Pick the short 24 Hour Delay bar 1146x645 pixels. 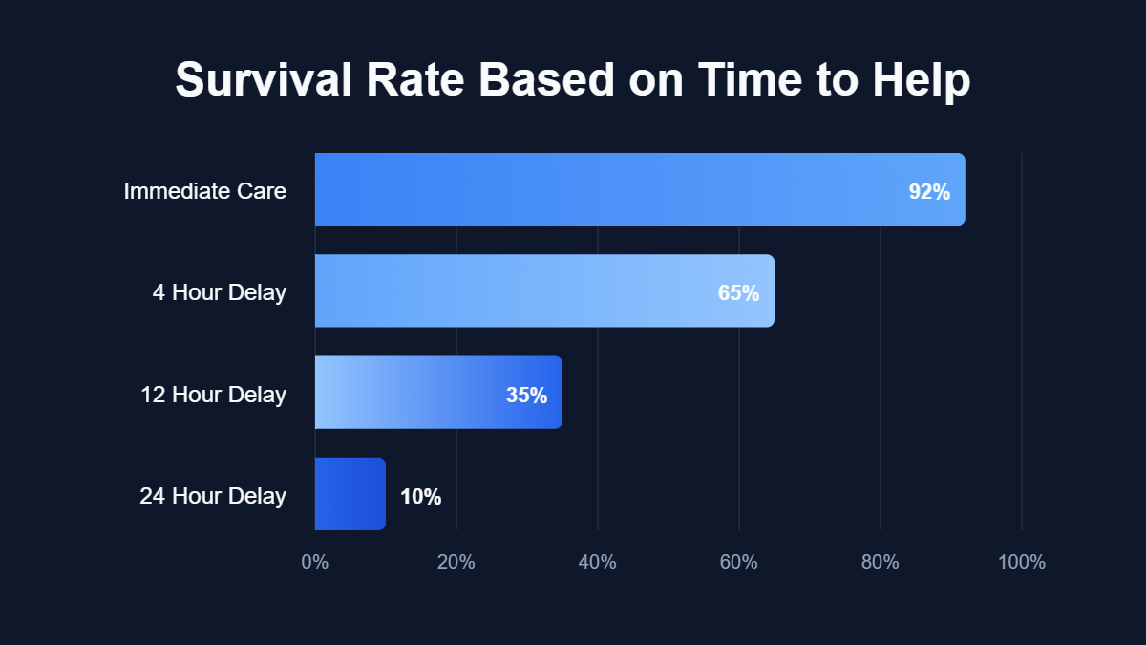click(x=350, y=494)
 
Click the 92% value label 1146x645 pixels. click(x=929, y=192)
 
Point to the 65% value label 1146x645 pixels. click(x=738, y=293)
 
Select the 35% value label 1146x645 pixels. click(x=526, y=395)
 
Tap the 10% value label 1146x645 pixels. click(x=420, y=497)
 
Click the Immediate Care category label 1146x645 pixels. click(x=204, y=191)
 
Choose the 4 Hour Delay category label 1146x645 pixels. click(x=219, y=292)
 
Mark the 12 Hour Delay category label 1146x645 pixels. click(x=213, y=394)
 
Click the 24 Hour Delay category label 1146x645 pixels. click(x=213, y=496)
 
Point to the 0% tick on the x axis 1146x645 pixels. click(x=315, y=562)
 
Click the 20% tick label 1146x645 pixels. click(x=456, y=562)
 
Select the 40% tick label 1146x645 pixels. click(x=598, y=562)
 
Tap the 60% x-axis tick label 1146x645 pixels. click(x=739, y=562)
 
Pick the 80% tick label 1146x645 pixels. click(x=881, y=562)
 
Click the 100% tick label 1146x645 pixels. click(x=1022, y=562)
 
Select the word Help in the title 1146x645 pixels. click(x=921, y=80)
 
